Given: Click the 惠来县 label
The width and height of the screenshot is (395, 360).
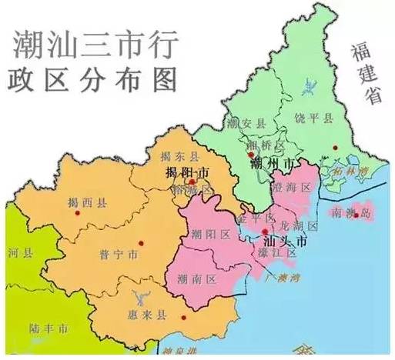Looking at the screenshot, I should (142, 314).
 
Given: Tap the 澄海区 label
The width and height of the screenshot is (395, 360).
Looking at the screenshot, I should (294, 188).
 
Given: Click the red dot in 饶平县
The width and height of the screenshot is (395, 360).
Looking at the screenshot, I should (335, 147).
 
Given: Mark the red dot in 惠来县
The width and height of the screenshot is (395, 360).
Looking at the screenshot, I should (183, 315).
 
